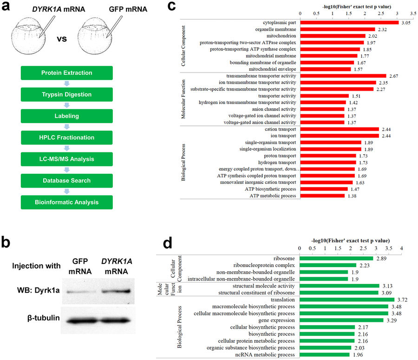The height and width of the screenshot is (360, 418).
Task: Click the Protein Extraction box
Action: point(66,73)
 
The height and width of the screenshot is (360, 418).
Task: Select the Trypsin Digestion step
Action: point(66,94)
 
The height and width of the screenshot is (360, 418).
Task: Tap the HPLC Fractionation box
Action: point(66,137)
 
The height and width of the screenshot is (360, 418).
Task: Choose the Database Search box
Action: point(66,181)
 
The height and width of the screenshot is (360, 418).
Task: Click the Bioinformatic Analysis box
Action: point(66,202)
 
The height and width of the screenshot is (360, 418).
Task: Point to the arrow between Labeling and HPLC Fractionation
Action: point(66,127)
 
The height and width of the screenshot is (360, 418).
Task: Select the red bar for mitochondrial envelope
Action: point(326,69)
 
